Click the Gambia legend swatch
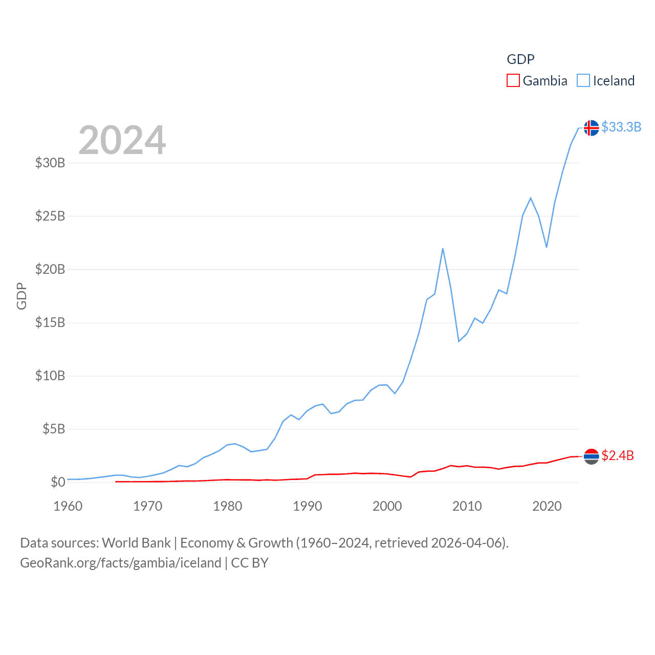(x=513, y=81)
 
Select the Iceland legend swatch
(x=583, y=81)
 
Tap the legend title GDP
(x=520, y=59)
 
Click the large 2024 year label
(x=122, y=140)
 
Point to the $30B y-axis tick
(x=50, y=163)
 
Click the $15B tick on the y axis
(x=50, y=322)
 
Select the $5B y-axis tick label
(x=54, y=429)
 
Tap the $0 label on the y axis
(x=58, y=482)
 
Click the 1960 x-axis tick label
(x=68, y=506)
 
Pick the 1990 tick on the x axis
(x=308, y=506)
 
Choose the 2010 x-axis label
(x=467, y=506)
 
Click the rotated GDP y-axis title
(x=21, y=296)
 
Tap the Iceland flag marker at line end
(x=591, y=128)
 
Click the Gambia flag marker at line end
(x=591, y=456)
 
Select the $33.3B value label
(x=621, y=127)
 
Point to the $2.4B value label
(x=618, y=455)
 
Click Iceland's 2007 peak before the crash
(x=443, y=249)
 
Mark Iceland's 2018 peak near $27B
(x=531, y=198)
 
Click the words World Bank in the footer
(x=137, y=542)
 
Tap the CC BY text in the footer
(x=250, y=563)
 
